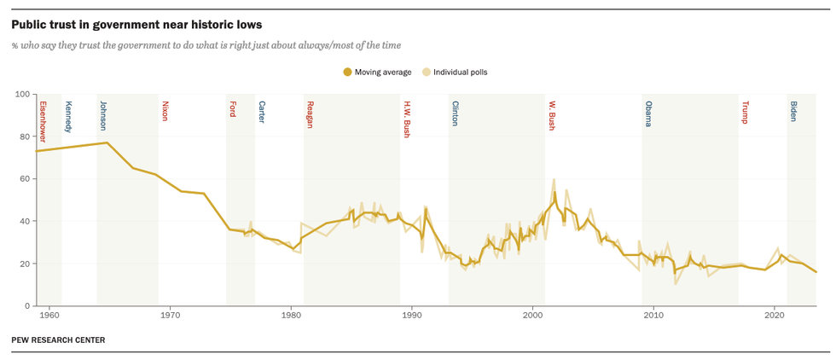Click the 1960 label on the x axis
coord(49,316)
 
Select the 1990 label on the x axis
coord(412,316)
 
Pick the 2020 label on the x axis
coord(775,316)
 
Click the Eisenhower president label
coord(43,120)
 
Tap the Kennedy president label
coord(68,116)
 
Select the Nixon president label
coord(165,111)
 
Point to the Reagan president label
coord(310,114)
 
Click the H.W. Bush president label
coord(406,119)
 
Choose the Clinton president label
coord(455,113)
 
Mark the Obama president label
coord(648,113)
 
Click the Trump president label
coord(745,112)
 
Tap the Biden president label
coord(793,111)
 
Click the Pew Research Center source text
coord(58,340)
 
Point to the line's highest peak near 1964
coord(107,142)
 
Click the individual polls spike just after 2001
coord(554,180)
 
